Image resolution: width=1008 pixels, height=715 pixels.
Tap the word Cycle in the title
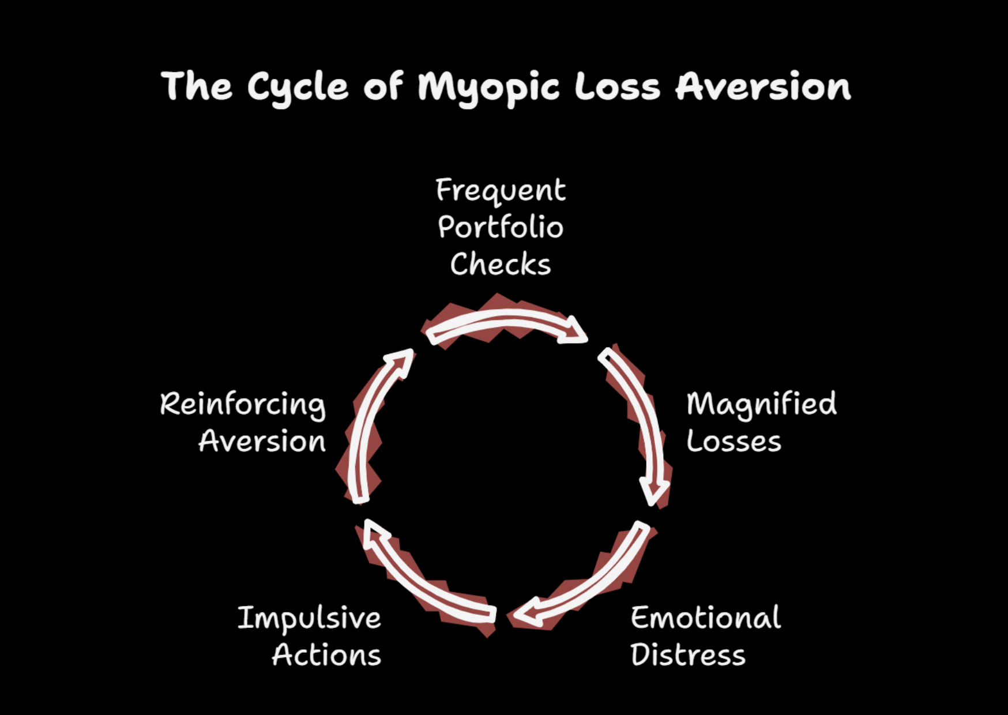click(298, 88)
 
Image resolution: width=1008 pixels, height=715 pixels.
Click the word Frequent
click(501, 191)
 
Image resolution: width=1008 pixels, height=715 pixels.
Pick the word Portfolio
click(501, 227)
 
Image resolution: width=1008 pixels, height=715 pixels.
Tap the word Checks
click(501, 265)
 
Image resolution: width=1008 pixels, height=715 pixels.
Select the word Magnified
click(761, 404)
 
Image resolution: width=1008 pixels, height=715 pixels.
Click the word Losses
click(734, 442)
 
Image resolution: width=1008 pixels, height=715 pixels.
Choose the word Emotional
click(706, 618)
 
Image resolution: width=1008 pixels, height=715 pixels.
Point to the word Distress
click(688, 655)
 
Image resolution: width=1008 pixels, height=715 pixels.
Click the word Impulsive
click(309, 618)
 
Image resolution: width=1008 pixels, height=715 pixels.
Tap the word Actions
click(326, 655)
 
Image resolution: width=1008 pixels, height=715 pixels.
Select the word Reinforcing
click(243, 404)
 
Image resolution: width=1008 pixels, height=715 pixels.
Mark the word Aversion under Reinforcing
click(262, 442)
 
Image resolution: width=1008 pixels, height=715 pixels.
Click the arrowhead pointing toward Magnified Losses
click(574, 330)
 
